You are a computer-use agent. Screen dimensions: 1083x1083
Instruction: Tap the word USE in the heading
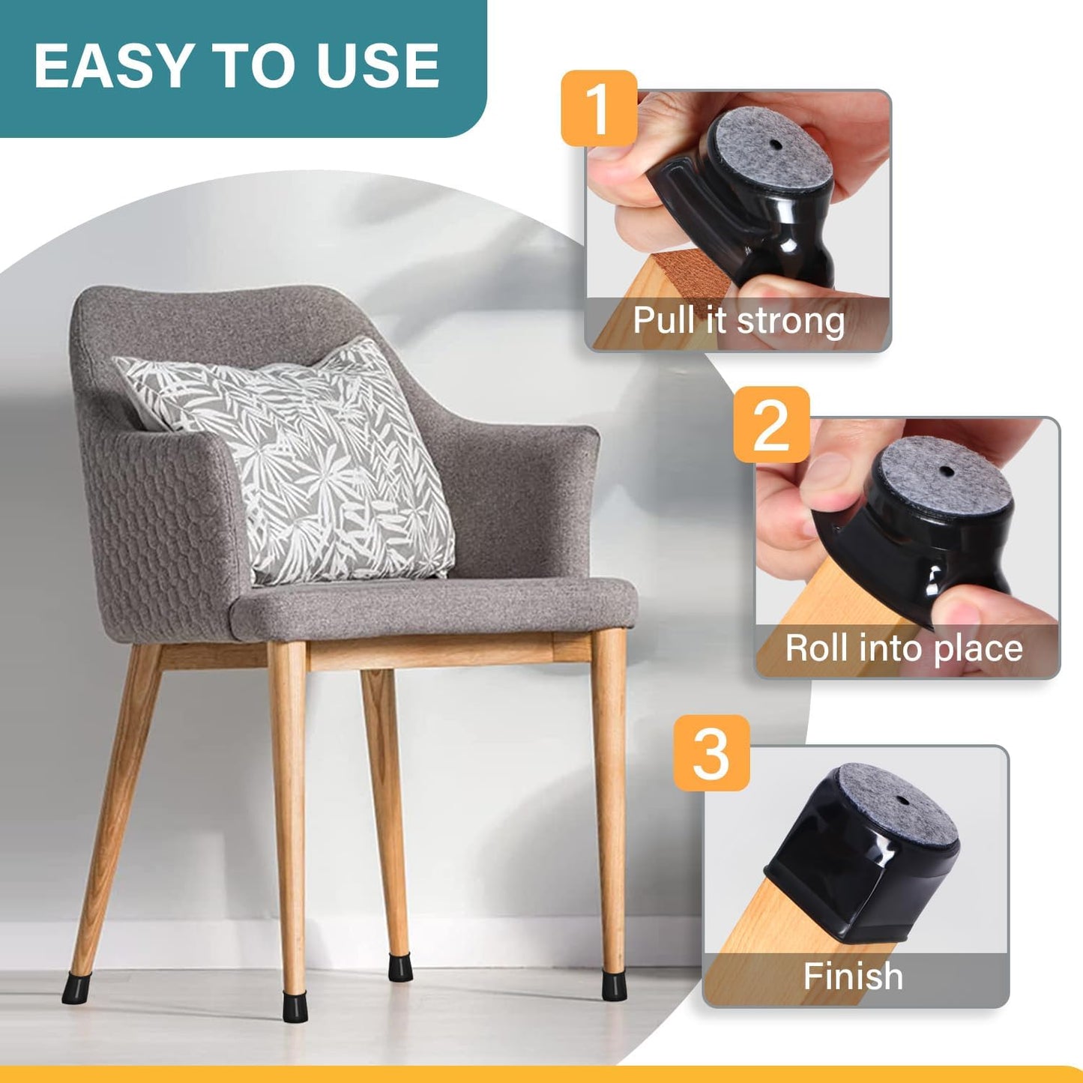coord(377,66)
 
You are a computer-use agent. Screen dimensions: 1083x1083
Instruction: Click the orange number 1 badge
coord(599,108)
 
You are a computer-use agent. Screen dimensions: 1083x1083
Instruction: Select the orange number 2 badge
coord(771,425)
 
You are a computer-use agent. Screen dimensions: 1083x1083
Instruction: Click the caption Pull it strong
coord(738,321)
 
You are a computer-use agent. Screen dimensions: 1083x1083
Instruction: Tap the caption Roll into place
coord(903,648)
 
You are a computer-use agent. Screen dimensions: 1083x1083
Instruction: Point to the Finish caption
coord(853,977)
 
